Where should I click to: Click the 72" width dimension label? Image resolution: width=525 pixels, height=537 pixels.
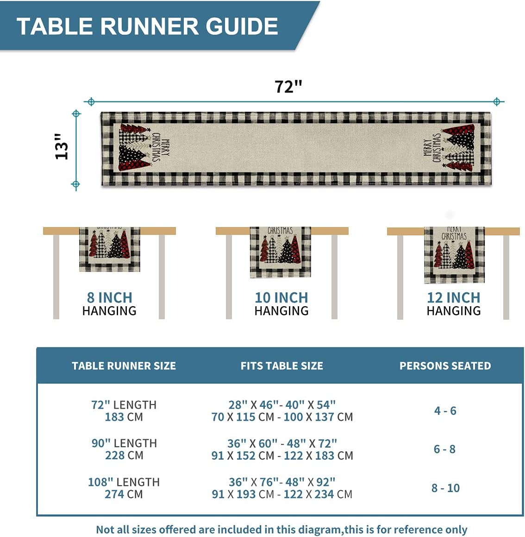(288, 87)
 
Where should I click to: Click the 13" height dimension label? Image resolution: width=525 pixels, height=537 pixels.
(62, 146)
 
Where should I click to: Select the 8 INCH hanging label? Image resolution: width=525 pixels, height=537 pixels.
(110, 297)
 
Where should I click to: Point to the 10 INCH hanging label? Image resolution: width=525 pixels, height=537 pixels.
(281, 297)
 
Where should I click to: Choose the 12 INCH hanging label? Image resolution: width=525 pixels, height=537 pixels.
(453, 297)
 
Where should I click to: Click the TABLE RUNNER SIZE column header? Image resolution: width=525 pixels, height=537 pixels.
(124, 366)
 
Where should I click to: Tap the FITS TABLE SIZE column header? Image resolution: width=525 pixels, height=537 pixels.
(281, 366)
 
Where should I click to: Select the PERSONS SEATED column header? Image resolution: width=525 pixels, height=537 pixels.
(445, 366)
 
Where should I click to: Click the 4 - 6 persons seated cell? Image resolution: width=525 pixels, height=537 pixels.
(445, 411)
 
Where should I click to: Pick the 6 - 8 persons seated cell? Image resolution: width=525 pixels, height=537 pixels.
(444, 449)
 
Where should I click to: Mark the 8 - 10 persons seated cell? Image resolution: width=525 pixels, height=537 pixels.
(445, 488)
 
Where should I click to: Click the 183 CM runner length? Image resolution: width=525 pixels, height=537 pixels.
(124, 417)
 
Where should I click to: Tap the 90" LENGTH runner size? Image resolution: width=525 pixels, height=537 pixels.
(124, 443)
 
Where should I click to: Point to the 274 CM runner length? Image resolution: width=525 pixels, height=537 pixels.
(124, 494)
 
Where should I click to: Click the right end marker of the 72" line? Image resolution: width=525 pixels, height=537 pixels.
(497, 101)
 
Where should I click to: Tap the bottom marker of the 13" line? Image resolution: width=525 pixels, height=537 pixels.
(75, 184)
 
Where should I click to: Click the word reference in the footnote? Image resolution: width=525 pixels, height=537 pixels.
(400, 530)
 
